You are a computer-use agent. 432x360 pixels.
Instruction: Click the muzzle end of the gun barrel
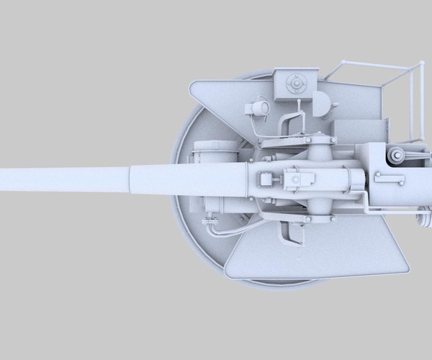pos(3,180)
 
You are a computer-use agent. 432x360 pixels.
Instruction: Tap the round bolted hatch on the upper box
pos(294,85)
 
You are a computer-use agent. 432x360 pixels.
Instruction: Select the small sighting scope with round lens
pos(256,108)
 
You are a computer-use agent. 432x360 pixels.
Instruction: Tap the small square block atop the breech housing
pos(265,179)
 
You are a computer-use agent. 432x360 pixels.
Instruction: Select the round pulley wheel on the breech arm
pos(395,155)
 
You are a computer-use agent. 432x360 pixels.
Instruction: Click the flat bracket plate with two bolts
pos(389,177)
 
